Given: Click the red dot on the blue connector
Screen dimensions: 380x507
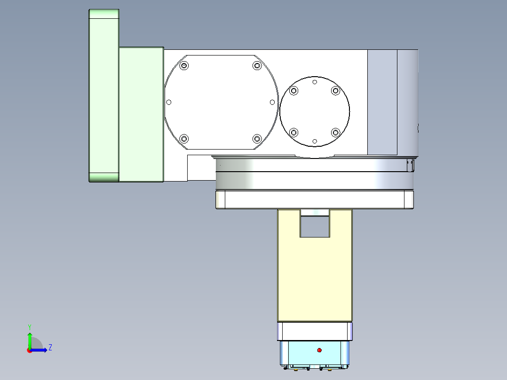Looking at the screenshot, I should (x=319, y=350).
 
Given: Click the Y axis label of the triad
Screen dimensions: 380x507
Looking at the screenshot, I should (x=29, y=326).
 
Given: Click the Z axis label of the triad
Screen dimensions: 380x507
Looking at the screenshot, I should (x=50, y=348).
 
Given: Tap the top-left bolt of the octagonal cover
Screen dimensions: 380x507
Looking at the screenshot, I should (x=184, y=65).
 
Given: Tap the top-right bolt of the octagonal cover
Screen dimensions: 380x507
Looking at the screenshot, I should (x=256, y=65).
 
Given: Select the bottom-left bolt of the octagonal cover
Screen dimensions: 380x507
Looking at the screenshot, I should (x=184, y=139).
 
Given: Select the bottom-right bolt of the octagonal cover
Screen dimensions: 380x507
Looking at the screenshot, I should (x=256, y=139).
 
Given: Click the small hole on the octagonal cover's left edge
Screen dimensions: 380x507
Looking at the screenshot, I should (x=169, y=102).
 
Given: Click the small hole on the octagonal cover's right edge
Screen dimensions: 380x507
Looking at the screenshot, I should (x=272, y=102).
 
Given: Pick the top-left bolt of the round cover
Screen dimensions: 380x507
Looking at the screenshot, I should (x=294, y=91).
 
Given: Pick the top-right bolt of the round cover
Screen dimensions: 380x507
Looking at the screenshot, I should (x=335, y=91).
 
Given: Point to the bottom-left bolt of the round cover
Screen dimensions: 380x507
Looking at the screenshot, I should (x=294, y=132).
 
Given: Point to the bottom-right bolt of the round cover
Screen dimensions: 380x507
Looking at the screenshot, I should (x=335, y=132).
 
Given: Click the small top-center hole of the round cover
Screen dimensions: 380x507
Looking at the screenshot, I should (x=315, y=82).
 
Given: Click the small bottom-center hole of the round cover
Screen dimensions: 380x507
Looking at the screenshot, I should (x=315, y=141).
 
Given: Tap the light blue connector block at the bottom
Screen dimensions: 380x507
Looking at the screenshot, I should (x=314, y=353).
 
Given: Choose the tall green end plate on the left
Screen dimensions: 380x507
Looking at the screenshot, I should (x=103, y=95).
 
